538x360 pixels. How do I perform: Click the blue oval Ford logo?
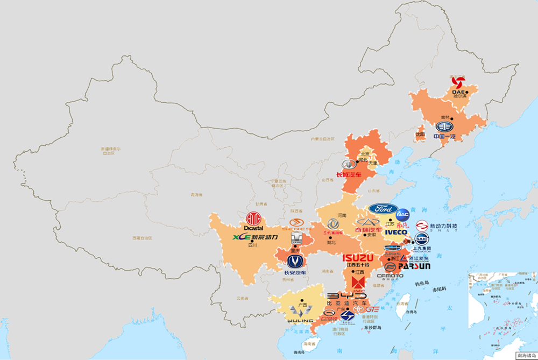383,209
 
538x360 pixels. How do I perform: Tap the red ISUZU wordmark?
358,258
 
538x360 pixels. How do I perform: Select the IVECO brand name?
396,232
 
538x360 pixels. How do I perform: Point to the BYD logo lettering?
347,297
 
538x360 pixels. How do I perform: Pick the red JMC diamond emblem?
358,282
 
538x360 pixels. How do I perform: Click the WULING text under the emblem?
300,321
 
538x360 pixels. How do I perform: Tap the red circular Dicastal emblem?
253,219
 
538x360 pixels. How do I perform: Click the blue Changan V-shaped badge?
295,262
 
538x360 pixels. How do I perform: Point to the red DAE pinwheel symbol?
458,82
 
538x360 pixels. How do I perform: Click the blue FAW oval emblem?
444,127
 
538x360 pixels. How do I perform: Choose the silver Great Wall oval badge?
349,164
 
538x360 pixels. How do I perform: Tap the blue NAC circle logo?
402,214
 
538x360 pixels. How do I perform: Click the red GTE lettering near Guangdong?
372,309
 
